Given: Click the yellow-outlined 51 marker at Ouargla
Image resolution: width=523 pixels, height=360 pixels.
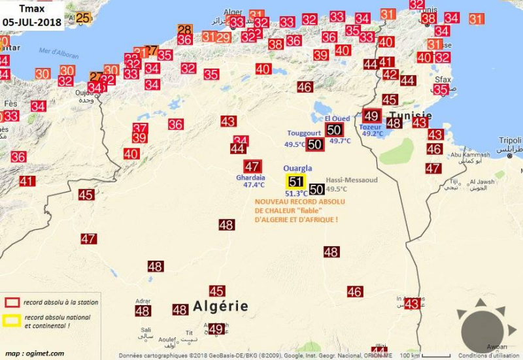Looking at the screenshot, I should click(x=295, y=182).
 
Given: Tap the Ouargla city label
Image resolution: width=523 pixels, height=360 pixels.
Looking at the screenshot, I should click(x=297, y=168).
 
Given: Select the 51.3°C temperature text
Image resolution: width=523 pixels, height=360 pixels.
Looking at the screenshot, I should click(x=296, y=194).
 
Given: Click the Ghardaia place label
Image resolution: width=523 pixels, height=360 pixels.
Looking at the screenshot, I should click(x=250, y=177).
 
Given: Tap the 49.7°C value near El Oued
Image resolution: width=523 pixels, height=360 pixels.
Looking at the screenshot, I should click(x=341, y=140).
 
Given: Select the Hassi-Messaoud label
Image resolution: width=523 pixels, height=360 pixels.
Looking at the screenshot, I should click(x=352, y=180).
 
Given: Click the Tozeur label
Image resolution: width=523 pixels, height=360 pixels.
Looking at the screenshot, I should click(x=370, y=127).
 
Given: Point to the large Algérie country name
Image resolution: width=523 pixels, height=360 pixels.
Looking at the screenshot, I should click(x=220, y=306).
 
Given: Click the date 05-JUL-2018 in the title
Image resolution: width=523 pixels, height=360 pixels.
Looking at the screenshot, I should click(x=32, y=22).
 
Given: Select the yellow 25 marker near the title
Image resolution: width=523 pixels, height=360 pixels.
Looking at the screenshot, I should click(x=82, y=18).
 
